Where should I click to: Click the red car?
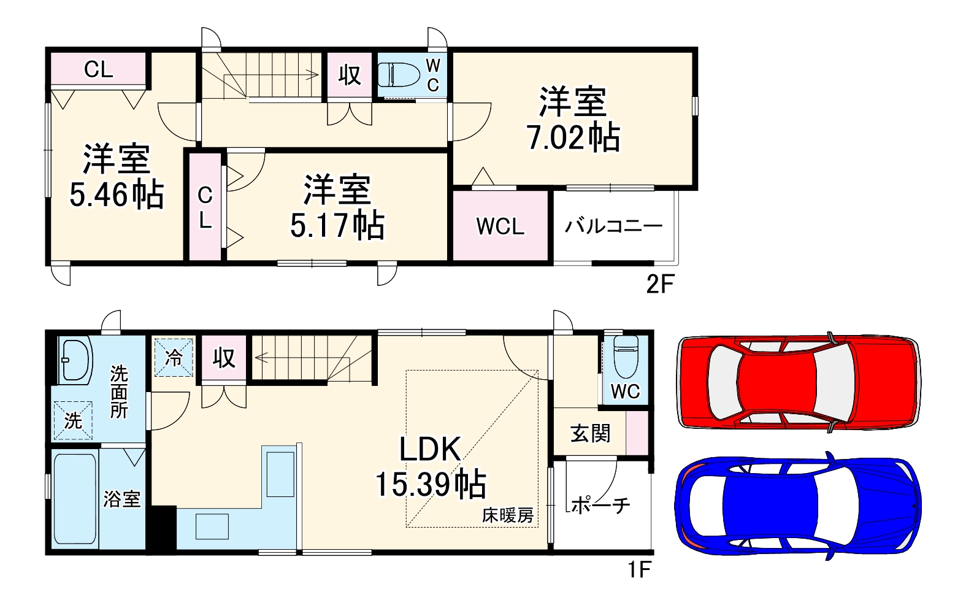coord(797,381)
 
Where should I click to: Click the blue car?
coord(797,505)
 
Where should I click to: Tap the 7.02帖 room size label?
coord(573,137)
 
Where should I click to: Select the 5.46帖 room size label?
coord(117,195)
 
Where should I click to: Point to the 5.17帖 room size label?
coord(337,225)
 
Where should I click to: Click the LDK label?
coord(430,450)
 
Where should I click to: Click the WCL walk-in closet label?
coord(500,226)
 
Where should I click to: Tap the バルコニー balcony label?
coord(613,226)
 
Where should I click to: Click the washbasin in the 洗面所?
coord(74,360)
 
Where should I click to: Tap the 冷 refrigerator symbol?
coord(174,357)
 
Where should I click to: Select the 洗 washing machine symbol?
coord(73,420)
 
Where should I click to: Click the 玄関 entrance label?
coord(590,433)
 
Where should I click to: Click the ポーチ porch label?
coord(600,505)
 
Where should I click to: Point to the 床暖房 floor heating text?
coord(507,515)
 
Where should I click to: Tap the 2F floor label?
coord(660,284)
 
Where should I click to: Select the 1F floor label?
coord(638,569)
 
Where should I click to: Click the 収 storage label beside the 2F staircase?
coord(350,75)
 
